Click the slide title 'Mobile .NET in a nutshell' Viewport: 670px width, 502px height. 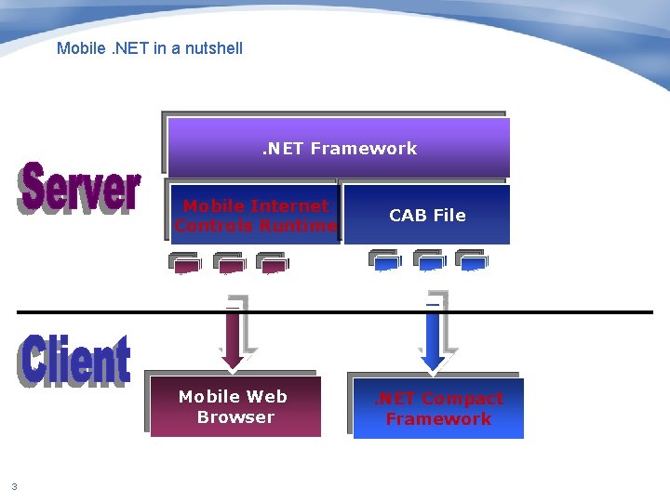pyautogui.click(x=149, y=48)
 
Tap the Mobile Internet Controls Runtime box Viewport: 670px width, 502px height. pyautogui.click(x=255, y=216)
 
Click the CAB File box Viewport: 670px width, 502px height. pyautogui.click(x=427, y=215)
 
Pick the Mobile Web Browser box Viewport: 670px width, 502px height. pyautogui.click(x=235, y=407)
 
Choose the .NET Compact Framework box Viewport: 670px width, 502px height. pyautogui.click(x=438, y=409)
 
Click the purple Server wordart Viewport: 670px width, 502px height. pyautogui.click(x=80, y=189)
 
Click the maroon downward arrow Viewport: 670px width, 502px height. pyautogui.click(x=234, y=335)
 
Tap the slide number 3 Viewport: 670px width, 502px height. pyautogui.click(x=14, y=485)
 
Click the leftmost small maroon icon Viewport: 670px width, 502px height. pyautogui.click(x=187, y=263)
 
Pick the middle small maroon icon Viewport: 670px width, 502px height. pyautogui.click(x=229, y=263)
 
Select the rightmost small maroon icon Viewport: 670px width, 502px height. pyautogui.click(x=272, y=263)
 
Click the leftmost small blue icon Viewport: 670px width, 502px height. pyautogui.click(x=384, y=261)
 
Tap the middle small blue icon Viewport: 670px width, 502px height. pyautogui.click(x=428, y=261)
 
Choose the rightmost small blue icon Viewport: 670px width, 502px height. pyautogui.click(x=471, y=261)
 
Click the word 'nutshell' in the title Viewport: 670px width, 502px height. pyautogui.click(x=215, y=48)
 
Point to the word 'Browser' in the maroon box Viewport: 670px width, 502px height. pyautogui.click(x=235, y=417)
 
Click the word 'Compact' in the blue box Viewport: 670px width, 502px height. pyautogui.click(x=462, y=399)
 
